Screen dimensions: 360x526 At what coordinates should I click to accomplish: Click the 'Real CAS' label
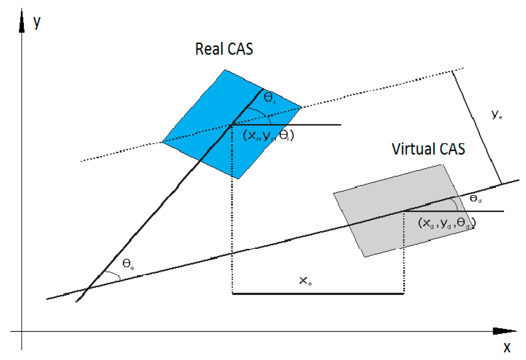point(224,49)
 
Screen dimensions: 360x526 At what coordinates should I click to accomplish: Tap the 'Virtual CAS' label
point(428,149)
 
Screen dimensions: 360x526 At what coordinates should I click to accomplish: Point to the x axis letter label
point(507,348)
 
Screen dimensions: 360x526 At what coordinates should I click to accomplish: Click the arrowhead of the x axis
point(503,331)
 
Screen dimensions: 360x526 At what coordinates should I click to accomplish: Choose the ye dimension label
point(497,114)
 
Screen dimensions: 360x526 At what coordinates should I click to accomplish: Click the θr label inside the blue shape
point(269,97)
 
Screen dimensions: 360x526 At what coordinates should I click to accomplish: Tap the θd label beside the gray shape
point(475,199)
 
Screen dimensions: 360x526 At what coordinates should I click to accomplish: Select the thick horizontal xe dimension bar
point(318,294)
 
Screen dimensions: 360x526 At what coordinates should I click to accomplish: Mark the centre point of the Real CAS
point(232,125)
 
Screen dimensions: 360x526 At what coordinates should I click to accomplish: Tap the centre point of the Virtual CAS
point(404,211)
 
